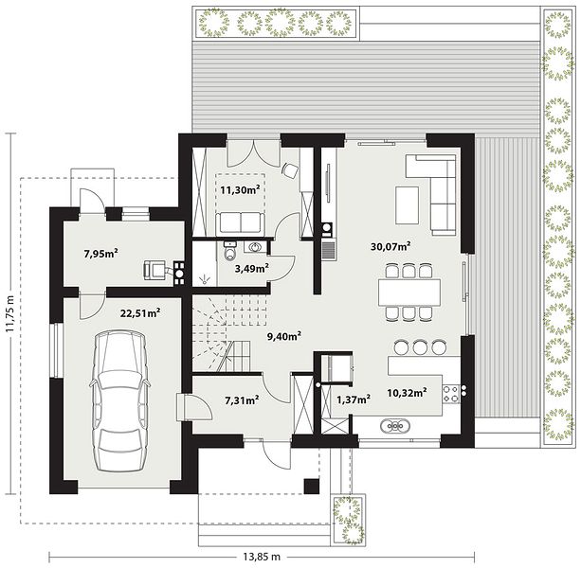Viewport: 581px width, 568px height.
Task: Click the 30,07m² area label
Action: (390, 246)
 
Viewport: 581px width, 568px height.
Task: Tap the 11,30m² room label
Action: (240, 190)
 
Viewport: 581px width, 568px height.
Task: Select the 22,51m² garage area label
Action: (140, 313)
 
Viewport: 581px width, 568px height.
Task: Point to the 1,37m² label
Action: (354, 399)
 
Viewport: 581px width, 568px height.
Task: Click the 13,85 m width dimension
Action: (262, 556)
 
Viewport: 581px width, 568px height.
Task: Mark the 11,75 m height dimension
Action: (10, 313)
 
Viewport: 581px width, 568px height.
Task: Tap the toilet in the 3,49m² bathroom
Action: (230, 251)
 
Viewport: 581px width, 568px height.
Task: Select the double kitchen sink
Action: (395, 426)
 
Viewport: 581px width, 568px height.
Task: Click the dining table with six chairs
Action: (409, 292)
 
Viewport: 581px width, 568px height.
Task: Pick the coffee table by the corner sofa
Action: (408, 205)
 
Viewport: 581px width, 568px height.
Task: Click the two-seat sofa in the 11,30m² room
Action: (241, 222)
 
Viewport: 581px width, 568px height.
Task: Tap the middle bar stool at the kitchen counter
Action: (420, 346)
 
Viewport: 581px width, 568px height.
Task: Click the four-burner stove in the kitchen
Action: (451, 394)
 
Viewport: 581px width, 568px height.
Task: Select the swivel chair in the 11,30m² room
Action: (290, 170)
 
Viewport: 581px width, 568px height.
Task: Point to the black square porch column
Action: (312, 486)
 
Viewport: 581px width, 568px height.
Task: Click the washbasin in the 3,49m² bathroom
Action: (255, 246)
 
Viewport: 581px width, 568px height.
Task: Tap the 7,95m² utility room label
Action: (100, 254)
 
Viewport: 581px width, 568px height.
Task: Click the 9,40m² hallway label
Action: (283, 336)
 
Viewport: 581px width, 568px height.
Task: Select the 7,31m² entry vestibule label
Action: (242, 400)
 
